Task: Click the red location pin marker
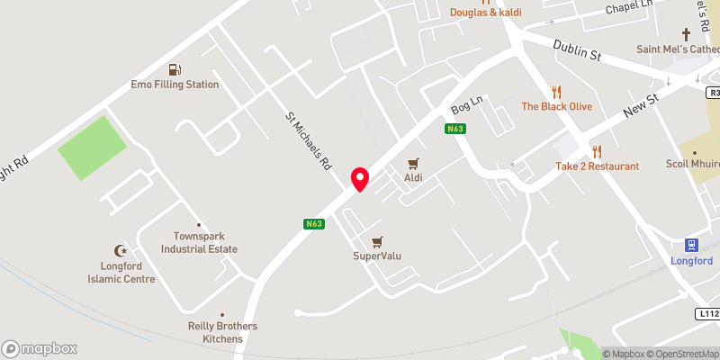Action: [360, 178]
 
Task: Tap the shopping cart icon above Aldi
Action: [413, 164]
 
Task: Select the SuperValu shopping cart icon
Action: [377, 241]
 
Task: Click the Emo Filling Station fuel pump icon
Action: [174, 69]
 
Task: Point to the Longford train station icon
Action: [691, 245]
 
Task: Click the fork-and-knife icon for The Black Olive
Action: [556, 91]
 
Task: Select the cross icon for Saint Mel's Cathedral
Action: [686, 34]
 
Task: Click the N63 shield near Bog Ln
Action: [455, 130]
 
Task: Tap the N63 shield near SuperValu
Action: [313, 224]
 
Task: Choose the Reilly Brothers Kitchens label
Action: [222, 332]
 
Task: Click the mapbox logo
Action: [40, 348]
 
